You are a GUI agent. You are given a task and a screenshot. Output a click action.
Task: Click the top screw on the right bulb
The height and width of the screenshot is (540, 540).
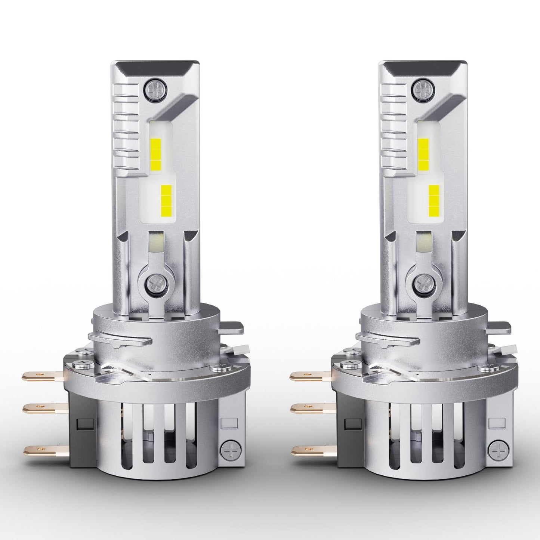point(422,89)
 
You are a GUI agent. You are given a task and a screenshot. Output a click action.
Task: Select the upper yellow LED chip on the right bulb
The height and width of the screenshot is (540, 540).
point(423,153)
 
